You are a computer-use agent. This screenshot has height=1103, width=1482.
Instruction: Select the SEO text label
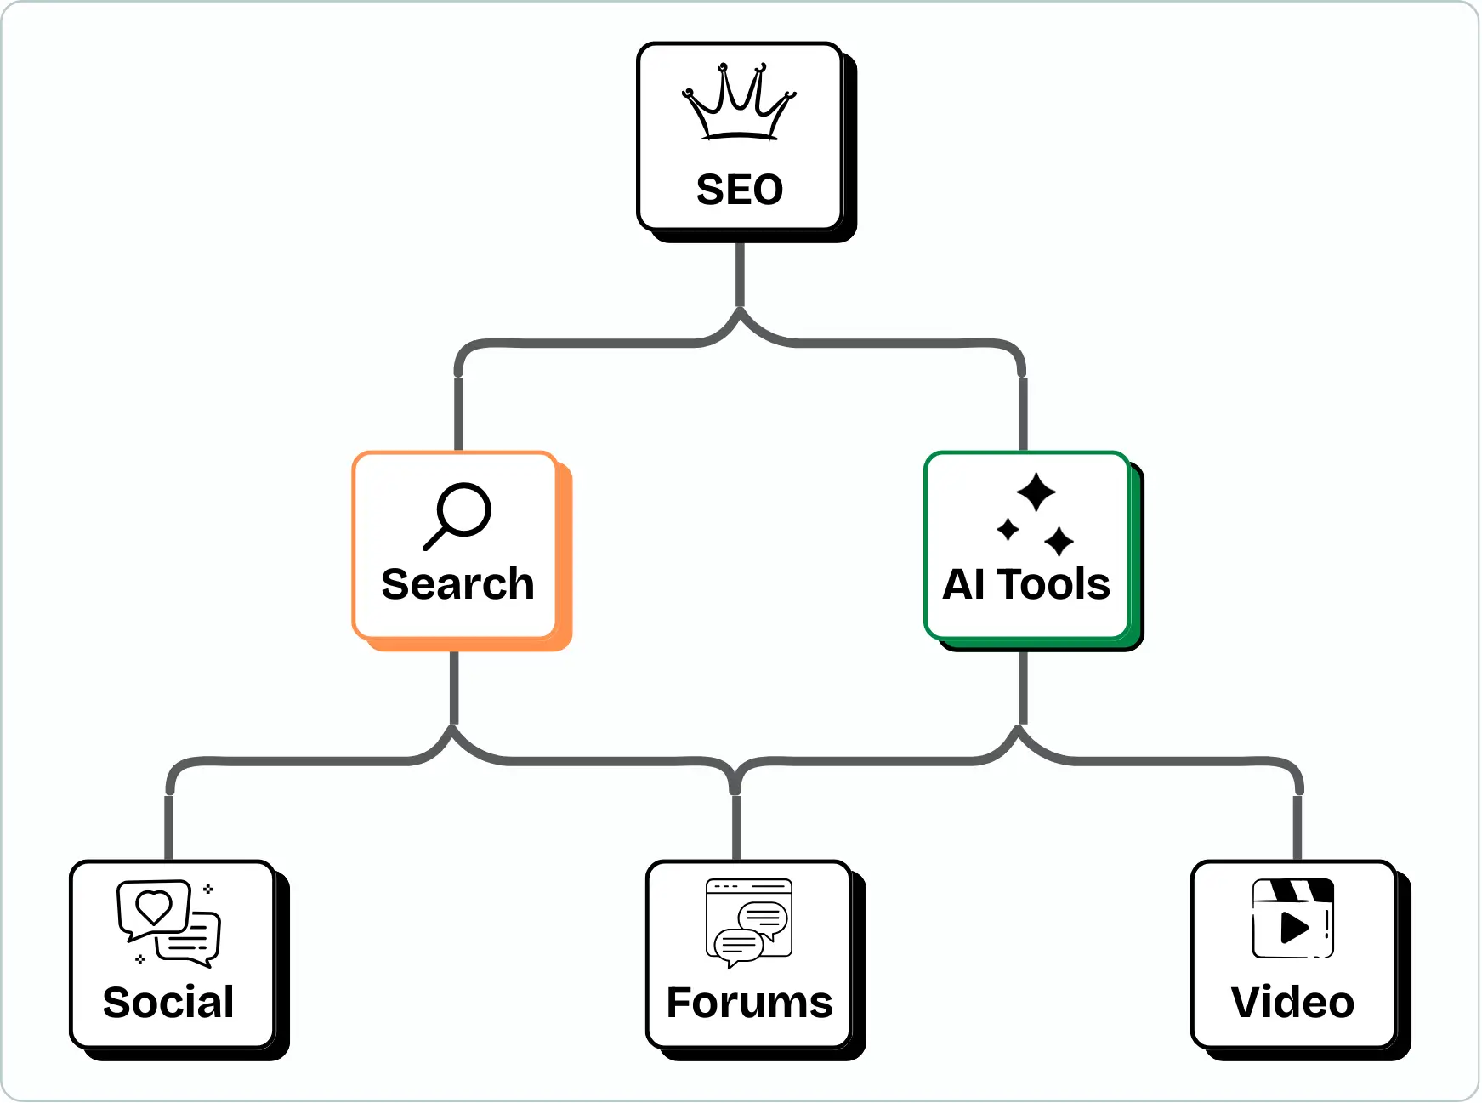click(x=740, y=190)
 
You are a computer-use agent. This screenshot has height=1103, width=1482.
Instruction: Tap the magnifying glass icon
click(x=458, y=515)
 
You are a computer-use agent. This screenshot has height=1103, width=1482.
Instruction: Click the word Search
click(x=457, y=584)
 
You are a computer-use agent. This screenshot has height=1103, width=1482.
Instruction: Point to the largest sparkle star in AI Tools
click(x=1036, y=492)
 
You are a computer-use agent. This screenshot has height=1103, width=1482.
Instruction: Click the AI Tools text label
click(x=1026, y=584)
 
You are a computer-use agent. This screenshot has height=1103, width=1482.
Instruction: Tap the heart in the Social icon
click(x=154, y=907)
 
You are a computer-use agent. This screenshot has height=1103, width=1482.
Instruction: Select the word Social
click(x=168, y=1002)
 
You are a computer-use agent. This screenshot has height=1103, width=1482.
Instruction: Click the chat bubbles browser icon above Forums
click(x=749, y=923)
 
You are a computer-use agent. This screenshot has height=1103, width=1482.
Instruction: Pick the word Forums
click(x=749, y=1002)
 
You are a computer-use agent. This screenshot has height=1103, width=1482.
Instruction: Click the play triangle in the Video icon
click(x=1293, y=927)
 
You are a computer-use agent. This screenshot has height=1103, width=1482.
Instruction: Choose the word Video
click(x=1292, y=1002)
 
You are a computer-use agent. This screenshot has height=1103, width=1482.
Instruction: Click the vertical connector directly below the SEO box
click(x=740, y=274)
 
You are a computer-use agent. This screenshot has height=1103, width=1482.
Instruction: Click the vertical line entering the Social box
click(x=169, y=827)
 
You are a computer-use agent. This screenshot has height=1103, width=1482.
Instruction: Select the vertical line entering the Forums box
click(x=736, y=827)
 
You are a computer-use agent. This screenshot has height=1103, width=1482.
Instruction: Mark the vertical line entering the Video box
click(x=1297, y=827)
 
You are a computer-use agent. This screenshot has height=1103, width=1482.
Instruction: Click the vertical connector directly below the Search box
click(x=454, y=687)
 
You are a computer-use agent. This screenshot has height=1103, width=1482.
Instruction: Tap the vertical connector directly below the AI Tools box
click(x=1023, y=687)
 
